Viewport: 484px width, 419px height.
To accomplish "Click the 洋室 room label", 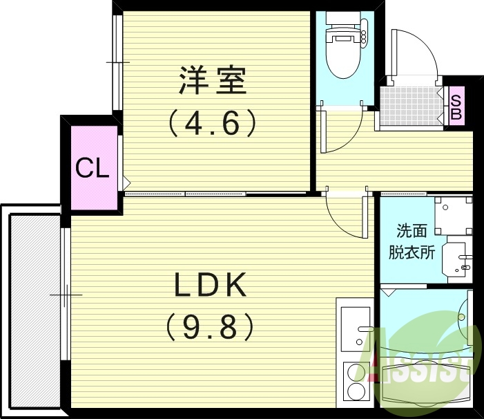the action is click(x=213, y=81).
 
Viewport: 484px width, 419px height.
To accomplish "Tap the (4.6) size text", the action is click(x=213, y=123).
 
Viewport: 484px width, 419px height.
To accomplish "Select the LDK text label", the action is click(x=211, y=285).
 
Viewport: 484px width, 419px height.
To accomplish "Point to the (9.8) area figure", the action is click(x=211, y=326).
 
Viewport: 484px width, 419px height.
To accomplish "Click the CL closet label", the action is click(x=93, y=169).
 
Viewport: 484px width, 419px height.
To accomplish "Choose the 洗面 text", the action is click(x=412, y=231).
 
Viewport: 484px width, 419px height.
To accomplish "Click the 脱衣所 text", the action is click(x=412, y=252).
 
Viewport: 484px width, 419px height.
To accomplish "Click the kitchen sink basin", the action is click(x=356, y=329).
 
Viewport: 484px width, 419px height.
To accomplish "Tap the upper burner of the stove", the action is click(x=355, y=371).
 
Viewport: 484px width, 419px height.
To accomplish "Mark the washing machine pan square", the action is click(x=454, y=216).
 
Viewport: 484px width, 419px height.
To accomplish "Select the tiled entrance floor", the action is click(x=412, y=106).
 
